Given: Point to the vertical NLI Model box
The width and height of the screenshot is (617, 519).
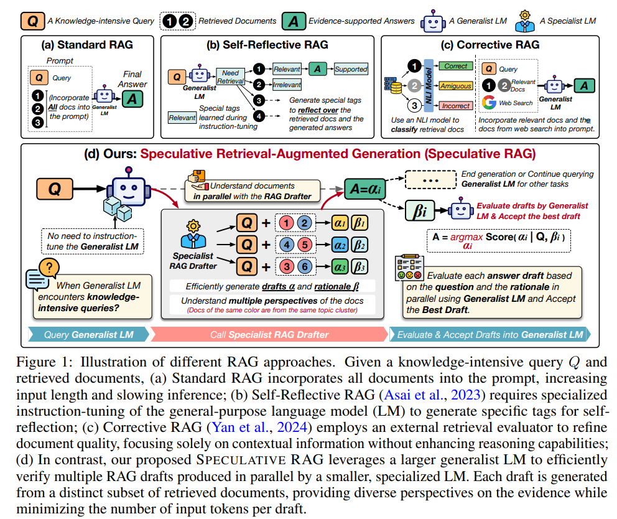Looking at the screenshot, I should point(428,85).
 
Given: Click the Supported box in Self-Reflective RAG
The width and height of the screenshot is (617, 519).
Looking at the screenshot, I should point(351,69).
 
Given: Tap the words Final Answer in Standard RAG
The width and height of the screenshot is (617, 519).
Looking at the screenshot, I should point(135,79).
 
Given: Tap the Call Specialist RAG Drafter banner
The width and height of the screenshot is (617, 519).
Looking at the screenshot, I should point(270,335).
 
